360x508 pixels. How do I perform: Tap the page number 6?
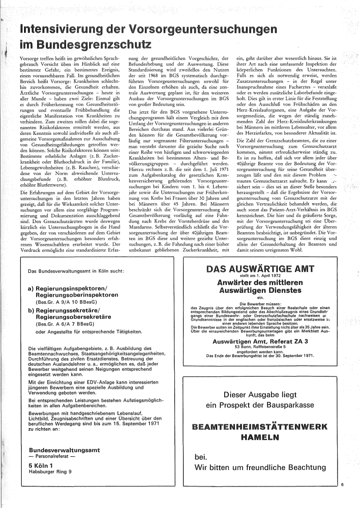(x=342, y=484)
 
